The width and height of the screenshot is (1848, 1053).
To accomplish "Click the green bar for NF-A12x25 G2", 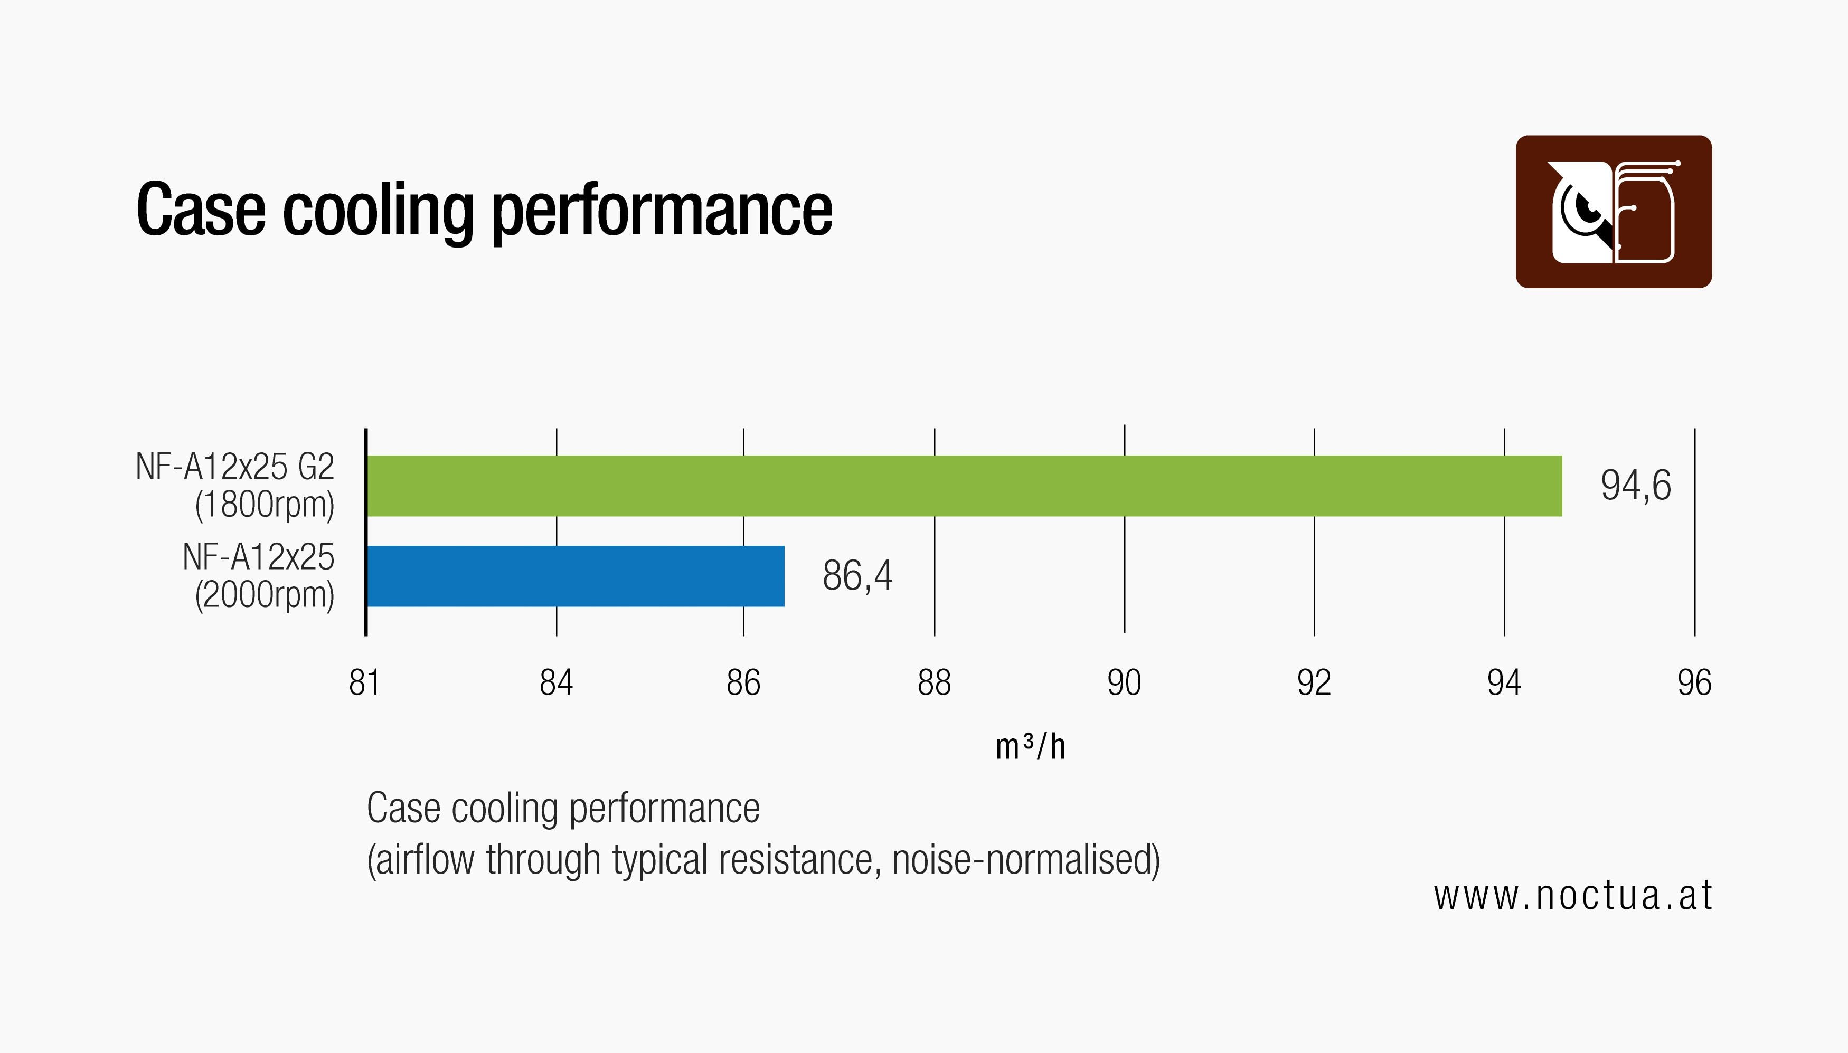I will [964, 486].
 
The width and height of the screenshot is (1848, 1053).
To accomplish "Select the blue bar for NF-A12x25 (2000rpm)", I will [575, 576].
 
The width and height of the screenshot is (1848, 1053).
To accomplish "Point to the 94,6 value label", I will [1635, 485].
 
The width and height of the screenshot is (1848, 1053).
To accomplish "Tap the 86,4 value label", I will [857, 576].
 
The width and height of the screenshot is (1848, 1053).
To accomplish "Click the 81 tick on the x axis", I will [364, 682].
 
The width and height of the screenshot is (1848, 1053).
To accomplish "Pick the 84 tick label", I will [555, 682].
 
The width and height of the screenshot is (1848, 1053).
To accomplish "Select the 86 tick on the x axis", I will [743, 682].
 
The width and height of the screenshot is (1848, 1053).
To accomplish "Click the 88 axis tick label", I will [934, 682].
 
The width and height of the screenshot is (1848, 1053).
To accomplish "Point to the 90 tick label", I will [1124, 682].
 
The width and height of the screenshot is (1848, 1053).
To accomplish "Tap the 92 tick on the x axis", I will [1314, 682].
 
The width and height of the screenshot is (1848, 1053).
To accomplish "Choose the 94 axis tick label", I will [1504, 682].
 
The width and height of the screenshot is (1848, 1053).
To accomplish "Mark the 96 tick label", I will [1694, 682].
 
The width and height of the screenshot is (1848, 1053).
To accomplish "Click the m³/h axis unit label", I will [1030, 747].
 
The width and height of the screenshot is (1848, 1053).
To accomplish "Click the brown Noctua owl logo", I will [1614, 212].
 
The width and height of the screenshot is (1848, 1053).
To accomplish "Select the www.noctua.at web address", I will [1572, 895].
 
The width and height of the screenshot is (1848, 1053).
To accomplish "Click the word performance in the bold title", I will [662, 211].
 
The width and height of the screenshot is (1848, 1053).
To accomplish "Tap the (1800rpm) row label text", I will [265, 505].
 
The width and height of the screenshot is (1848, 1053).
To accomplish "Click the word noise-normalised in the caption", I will [1025, 860].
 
